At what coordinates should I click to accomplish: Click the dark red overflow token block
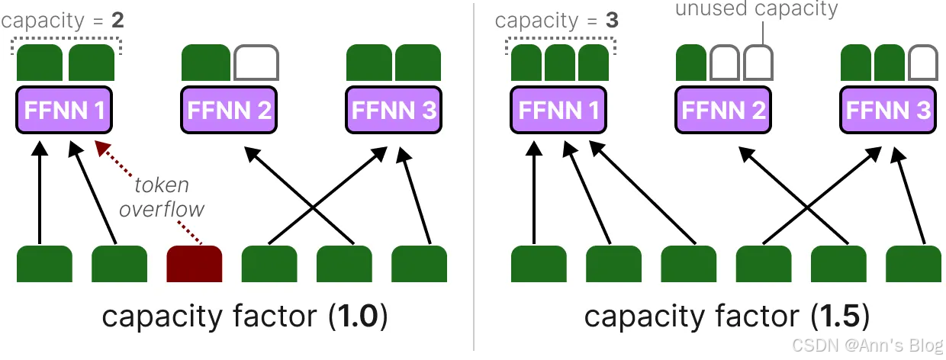[195, 264]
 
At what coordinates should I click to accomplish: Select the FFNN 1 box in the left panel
[64, 110]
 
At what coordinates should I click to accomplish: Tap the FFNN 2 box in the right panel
[723, 110]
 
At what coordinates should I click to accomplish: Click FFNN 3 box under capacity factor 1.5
[888, 110]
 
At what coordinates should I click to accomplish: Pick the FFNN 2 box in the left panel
[229, 110]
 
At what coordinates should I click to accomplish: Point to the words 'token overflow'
[162, 197]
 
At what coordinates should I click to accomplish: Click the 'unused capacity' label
[756, 8]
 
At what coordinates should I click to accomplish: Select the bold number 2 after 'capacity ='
[117, 21]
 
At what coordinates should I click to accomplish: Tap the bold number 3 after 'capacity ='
[612, 21]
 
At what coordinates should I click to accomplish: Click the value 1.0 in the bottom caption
[358, 316]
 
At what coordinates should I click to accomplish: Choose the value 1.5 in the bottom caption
[839, 316]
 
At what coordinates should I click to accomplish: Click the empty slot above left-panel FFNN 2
[256, 63]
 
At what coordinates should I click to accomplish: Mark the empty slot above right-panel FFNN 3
[923, 63]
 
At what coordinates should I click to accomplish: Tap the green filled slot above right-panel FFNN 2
[691, 63]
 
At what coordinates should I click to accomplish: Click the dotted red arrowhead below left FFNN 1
[102, 149]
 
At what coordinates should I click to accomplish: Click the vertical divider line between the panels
[474, 177]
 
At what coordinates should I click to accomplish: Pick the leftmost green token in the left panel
[44, 264]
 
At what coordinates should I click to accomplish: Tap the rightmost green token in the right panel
[913, 264]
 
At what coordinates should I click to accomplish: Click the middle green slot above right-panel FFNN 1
[560, 63]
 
